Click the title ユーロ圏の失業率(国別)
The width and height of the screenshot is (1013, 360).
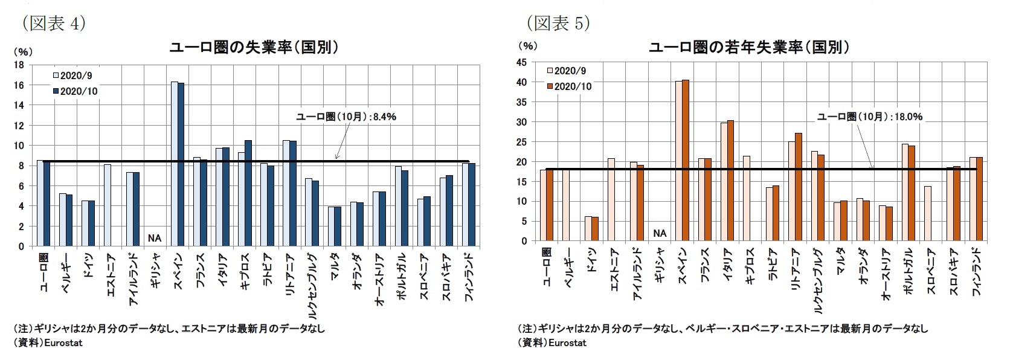(x=253, y=48)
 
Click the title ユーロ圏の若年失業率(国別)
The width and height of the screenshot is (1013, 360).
(x=749, y=48)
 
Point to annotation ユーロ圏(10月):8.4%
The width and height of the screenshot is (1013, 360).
(x=346, y=117)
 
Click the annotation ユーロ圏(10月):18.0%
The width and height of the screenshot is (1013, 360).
(x=870, y=117)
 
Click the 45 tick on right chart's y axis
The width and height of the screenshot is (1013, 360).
(x=521, y=62)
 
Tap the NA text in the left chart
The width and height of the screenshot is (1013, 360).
(x=155, y=238)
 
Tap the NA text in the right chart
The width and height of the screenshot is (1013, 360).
(x=660, y=233)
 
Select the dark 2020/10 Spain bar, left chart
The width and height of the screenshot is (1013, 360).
(x=181, y=164)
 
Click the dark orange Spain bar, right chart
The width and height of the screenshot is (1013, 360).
(x=686, y=160)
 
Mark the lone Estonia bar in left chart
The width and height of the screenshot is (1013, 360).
(x=107, y=205)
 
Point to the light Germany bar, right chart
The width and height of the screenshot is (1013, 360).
(x=588, y=228)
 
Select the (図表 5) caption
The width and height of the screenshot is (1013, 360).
(x=557, y=23)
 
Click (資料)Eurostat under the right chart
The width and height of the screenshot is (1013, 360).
(x=552, y=343)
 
